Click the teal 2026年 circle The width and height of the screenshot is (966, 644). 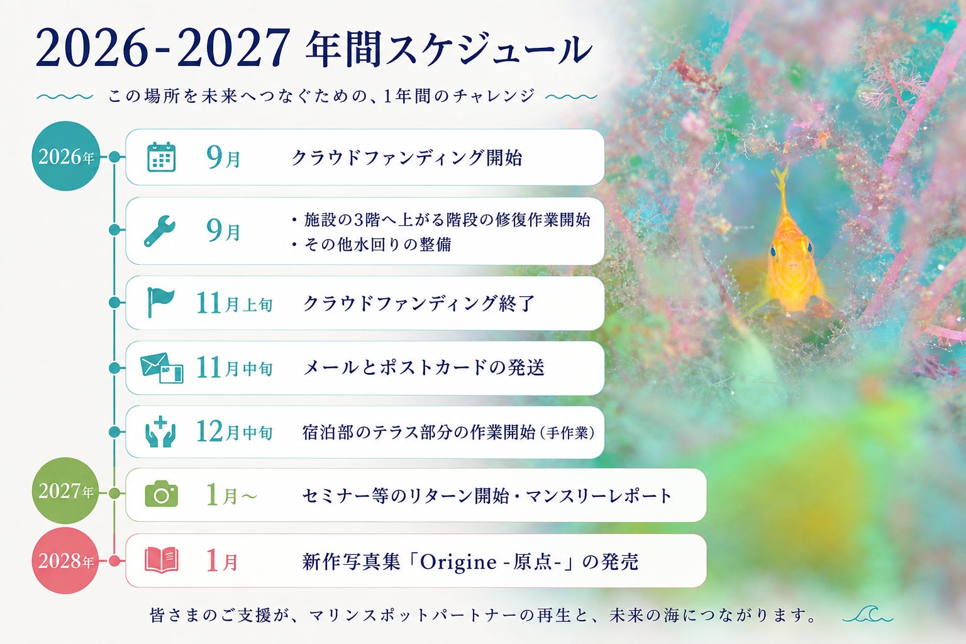[x=65, y=156]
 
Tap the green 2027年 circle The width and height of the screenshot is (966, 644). [x=65, y=491]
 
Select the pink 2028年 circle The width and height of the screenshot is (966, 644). [x=65, y=561]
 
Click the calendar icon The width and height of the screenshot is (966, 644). [x=161, y=157]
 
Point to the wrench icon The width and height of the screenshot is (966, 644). [x=160, y=231]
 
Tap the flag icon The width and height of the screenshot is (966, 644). [x=160, y=302]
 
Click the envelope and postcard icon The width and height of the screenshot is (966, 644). [x=162, y=368]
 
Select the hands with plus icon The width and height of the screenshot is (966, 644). [x=160, y=431]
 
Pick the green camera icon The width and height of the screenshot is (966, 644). [x=161, y=494]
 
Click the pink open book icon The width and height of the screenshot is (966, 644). [x=161, y=560]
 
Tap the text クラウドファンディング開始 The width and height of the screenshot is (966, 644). [x=407, y=157]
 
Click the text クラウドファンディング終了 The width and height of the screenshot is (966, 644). [x=419, y=303]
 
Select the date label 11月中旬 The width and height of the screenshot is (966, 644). [x=235, y=368]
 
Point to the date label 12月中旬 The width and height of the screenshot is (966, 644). [x=235, y=431]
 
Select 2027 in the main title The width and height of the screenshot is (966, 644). [x=233, y=47]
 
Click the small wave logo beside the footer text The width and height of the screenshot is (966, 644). [x=868, y=614]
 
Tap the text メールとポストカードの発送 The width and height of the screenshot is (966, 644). [x=424, y=368]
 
